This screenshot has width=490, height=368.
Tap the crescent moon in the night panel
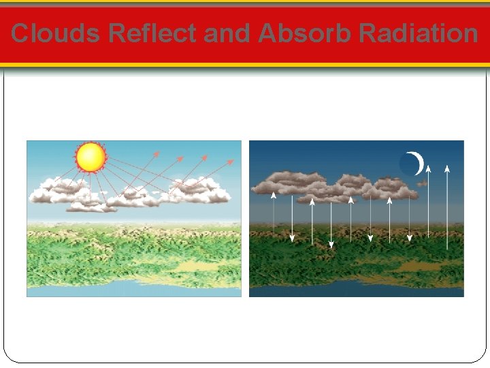point(416,164)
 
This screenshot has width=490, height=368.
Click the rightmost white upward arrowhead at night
point(446,166)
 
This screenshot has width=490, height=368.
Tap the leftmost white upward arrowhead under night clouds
point(274,194)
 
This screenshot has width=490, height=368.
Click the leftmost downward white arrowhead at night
point(293,238)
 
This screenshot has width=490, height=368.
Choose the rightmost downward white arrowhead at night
point(409,238)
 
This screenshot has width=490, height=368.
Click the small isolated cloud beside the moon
point(422,183)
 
